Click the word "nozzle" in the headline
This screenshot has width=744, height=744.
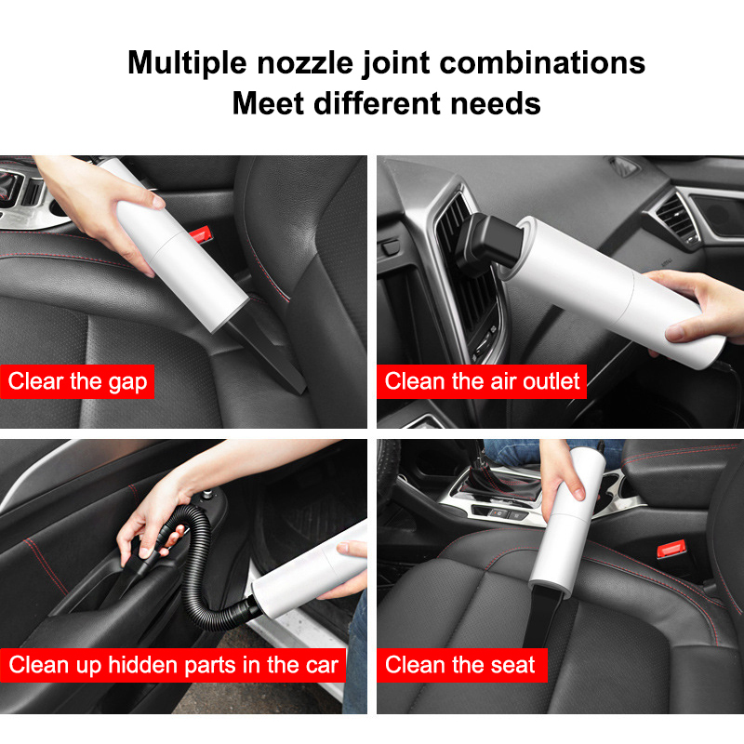point(305,62)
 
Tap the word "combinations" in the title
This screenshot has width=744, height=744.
point(542,62)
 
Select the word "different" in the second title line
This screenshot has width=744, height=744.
point(378,103)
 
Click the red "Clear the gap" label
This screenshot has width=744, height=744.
point(77,381)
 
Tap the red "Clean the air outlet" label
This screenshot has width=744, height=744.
point(482,381)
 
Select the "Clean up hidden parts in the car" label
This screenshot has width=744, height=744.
point(173,665)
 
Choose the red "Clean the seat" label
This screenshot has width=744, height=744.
point(461,665)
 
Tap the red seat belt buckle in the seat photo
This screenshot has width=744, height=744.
point(671,549)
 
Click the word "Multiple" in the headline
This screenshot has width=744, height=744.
point(188,63)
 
